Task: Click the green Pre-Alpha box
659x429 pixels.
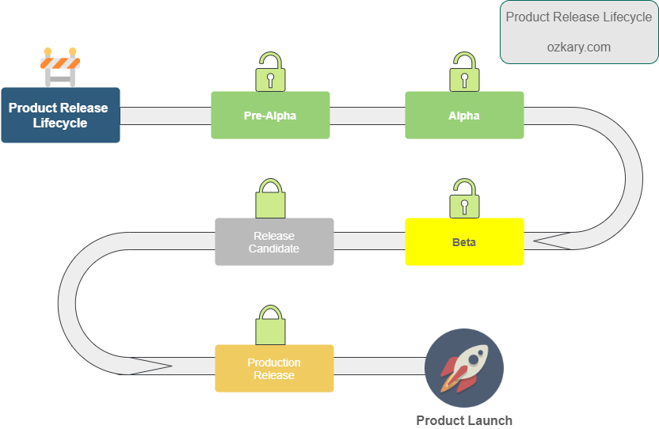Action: click(270, 116)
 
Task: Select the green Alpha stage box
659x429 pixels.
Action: click(464, 116)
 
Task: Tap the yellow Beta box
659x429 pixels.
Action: click(464, 241)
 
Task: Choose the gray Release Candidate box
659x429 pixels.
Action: click(274, 241)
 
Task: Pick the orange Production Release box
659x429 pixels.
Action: click(274, 368)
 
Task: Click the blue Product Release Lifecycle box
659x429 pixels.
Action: click(60, 115)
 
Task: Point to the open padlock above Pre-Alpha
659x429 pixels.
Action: click(270, 74)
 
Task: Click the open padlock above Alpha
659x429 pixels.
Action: click(464, 74)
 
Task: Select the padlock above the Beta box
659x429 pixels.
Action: click(464, 199)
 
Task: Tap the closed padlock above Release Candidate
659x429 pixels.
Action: click(270, 199)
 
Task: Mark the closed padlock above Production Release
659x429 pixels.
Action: click(270, 325)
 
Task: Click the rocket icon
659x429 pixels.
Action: click(464, 367)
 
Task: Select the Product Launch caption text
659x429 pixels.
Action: click(464, 420)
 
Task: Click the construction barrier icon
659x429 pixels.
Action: click(60, 67)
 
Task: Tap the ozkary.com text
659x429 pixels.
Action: click(578, 47)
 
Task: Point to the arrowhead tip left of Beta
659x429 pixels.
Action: click(536, 240)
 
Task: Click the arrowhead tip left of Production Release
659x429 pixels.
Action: click(170, 366)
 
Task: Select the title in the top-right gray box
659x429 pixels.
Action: click(578, 17)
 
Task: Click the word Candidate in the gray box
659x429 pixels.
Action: click(274, 249)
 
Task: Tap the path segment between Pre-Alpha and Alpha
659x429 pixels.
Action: click(368, 116)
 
